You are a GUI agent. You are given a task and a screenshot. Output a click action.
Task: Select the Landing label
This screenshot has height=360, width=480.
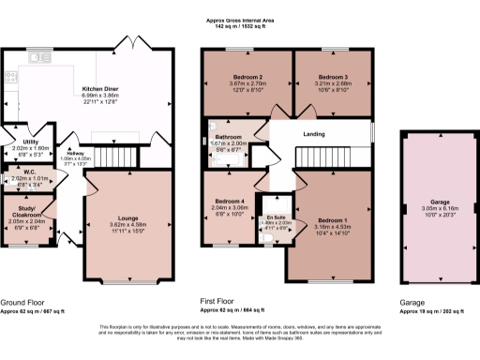coord(313,134)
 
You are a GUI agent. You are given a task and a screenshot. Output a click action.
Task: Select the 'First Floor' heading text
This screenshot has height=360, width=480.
coord(219,303)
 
